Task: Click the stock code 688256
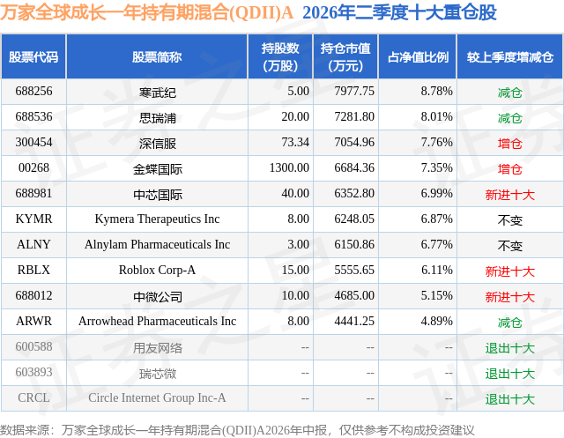pos(33,92)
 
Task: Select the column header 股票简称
pos(157,56)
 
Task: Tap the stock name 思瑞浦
pos(158,117)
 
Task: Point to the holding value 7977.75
pos(354,92)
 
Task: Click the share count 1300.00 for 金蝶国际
pos(289,168)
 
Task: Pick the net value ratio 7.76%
pos(437,143)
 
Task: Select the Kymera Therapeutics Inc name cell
pos(157,219)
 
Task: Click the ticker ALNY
pos(33,244)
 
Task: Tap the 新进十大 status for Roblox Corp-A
pos(509,271)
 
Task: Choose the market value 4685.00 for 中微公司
pos(354,295)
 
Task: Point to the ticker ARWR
pos(33,321)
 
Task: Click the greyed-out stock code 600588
pos(33,346)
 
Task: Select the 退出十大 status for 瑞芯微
pos(509,374)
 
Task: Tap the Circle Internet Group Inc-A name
pos(157,397)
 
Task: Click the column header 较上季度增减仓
pos(509,56)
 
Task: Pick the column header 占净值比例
pos(418,56)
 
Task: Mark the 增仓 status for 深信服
pos(509,144)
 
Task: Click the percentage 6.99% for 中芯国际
pos(437,194)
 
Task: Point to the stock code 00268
pos(33,168)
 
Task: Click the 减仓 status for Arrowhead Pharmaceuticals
pos(509,323)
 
